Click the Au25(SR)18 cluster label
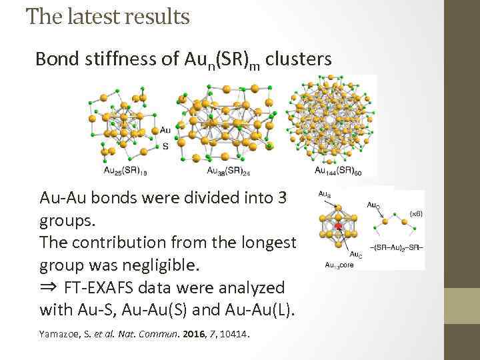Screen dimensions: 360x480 click(125, 170)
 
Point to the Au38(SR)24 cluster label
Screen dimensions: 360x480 click(228, 170)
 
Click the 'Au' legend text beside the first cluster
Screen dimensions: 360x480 click(165, 130)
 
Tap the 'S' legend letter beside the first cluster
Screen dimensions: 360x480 click(165, 145)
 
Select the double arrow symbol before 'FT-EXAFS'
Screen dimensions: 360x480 click(49, 288)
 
